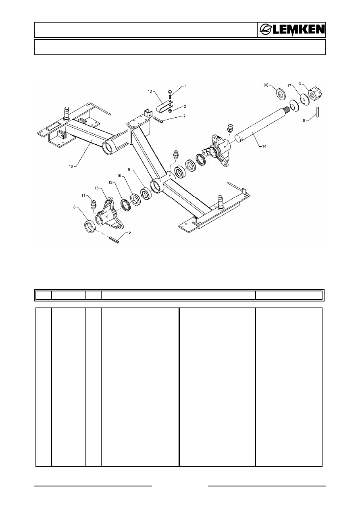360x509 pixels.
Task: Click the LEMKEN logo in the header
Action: (292, 30)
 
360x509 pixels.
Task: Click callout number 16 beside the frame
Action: (71, 166)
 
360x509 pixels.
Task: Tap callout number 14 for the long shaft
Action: (264, 146)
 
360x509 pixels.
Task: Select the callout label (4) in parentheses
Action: (266, 85)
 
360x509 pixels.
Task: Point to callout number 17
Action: (289, 86)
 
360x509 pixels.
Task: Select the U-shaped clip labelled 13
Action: (164, 107)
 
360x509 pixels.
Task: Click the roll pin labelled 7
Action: (158, 120)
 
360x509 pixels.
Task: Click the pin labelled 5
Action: (114, 240)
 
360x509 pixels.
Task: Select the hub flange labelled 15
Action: (109, 215)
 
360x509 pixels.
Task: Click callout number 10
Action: (119, 176)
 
